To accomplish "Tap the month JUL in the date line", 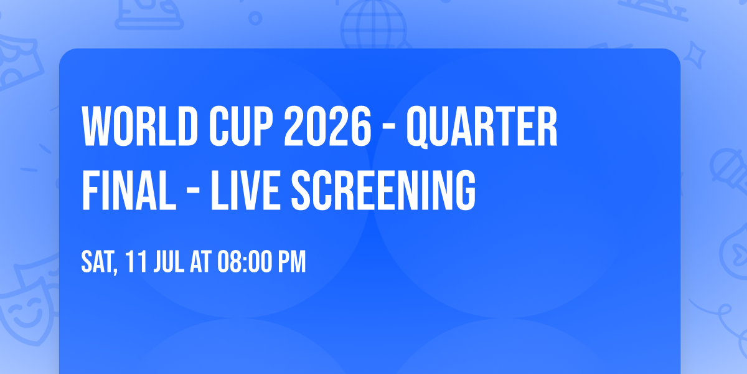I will click(x=167, y=262).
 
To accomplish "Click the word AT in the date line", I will click(x=201, y=262).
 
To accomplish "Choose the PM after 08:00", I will click(x=291, y=262).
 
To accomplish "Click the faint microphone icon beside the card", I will click(x=726, y=168).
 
